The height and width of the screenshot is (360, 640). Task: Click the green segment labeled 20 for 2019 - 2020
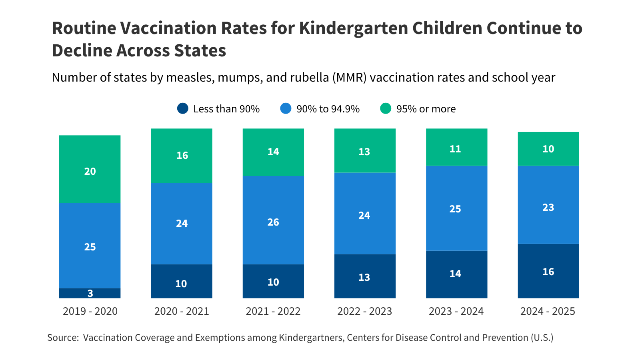coord(90,169)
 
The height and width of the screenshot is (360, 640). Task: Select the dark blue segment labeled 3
coord(90,293)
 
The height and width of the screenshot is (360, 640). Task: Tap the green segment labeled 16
coord(182,155)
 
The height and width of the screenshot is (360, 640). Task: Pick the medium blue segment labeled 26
coord(273,220)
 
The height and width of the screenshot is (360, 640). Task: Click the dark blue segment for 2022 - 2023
coord(365,276)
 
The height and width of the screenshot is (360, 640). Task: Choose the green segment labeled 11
coord(456,147)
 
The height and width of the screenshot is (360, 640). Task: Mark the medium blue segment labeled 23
coord(548,205)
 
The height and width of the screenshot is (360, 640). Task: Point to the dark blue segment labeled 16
coord(548,271)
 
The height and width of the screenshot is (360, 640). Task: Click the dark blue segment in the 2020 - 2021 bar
coord(182,281)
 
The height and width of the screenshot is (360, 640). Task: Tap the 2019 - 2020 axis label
coord(90,311)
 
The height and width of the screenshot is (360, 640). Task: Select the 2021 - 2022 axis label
coord(273,311)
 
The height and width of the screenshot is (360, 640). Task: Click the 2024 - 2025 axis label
coord(548,311)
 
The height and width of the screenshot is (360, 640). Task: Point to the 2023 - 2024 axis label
coord(456,311)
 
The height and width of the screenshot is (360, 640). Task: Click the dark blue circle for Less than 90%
coord(183,108)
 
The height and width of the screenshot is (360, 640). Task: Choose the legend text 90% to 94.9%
coord(328,109)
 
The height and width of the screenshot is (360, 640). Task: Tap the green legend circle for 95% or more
coord(386,108)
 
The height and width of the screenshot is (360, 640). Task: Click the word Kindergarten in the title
coord(353,28)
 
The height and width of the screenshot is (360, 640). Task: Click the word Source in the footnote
coord(62,338)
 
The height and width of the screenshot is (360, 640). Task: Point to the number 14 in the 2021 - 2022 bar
coord(273,152)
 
